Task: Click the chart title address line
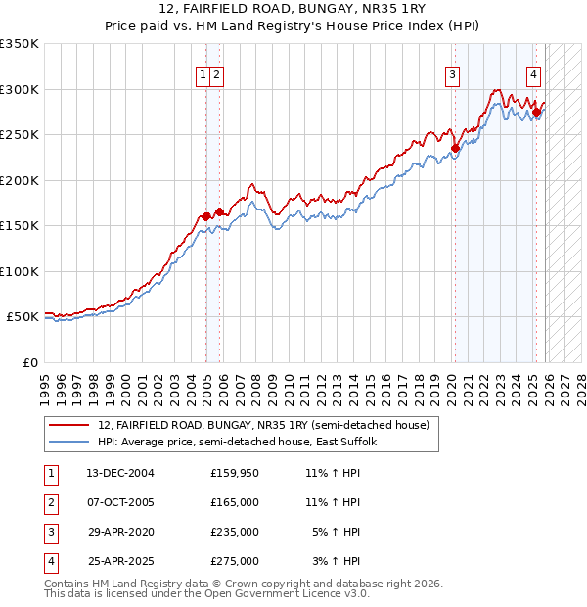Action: [293, 10]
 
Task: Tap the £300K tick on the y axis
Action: [20, 89]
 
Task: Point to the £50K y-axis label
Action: [23, 317]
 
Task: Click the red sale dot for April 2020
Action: [455, 149]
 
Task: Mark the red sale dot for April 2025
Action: [536, 112]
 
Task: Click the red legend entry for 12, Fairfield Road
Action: [263, 426]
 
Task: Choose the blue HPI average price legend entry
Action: [244, 443]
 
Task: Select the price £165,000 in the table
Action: [235, 502]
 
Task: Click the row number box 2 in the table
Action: [50, 502]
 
